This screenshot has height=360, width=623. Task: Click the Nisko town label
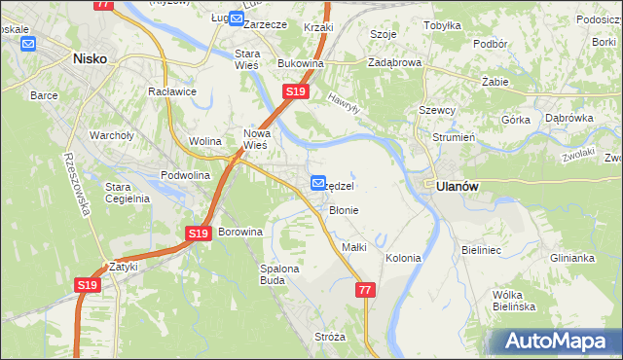[x=90, y=58]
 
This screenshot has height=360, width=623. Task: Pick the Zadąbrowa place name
[x=394, y=62]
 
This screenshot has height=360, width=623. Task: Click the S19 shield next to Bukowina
[x=296, y=91]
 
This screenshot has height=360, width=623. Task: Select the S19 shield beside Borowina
[x=198, y=234]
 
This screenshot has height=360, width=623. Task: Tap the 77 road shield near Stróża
[x=365, y=290]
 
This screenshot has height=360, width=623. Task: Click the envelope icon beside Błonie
[x=317, y=183]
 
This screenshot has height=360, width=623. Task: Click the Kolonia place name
[x=403, y=258]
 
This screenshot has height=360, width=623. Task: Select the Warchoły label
[x=110, y=135]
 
